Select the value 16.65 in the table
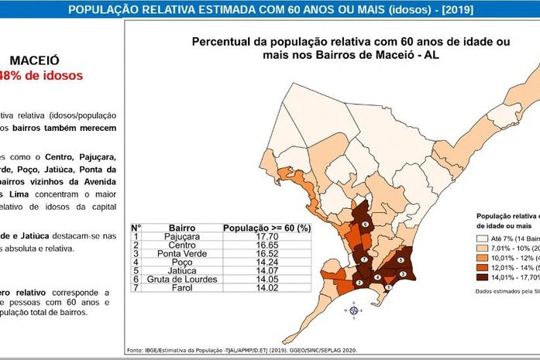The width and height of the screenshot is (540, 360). point(267,245)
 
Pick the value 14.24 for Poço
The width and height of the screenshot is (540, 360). point(267,262)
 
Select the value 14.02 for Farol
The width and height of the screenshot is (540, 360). point(267,287)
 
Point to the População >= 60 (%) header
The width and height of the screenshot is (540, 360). point(267,228)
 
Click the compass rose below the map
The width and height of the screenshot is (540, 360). point(354,310)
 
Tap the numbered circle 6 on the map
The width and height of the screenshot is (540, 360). point(366,224)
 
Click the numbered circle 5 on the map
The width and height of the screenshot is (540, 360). point(400,262)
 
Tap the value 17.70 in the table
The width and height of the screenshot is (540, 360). point(267,237)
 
